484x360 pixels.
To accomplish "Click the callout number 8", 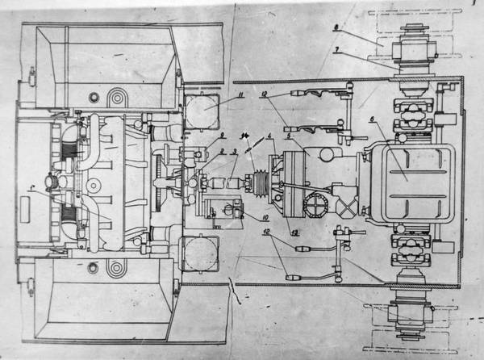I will pyautogui.click(x=336, y=30).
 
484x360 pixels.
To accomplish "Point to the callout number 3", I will pyautogui.click(x=234, y=151).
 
